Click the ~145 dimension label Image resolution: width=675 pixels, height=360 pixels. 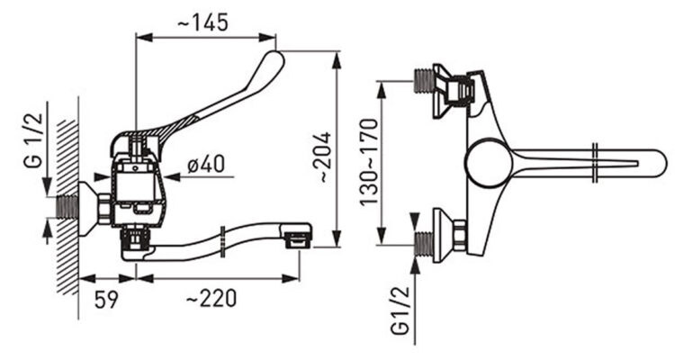pos(202,22)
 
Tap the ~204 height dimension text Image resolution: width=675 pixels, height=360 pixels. pos(324,157)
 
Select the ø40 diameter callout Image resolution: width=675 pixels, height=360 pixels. pos(206,164)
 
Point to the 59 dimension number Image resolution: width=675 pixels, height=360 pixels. pos(106,299)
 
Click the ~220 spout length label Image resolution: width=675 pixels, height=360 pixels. pos(211,298)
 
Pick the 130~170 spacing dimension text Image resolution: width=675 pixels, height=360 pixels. pos(368,162)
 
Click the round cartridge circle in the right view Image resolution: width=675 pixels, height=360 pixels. pos(488,162)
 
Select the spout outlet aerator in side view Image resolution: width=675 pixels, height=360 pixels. pos(297,239)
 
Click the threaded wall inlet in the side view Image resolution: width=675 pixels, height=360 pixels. pos(68,207)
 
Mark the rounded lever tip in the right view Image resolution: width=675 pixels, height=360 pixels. pos(660,162)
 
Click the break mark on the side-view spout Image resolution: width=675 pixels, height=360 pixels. pos(222,242)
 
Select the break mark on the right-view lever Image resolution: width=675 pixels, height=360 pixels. pos(595,162)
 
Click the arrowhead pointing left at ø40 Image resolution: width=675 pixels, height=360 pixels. pos(172,176)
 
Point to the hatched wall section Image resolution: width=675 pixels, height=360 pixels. pos(68,208)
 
